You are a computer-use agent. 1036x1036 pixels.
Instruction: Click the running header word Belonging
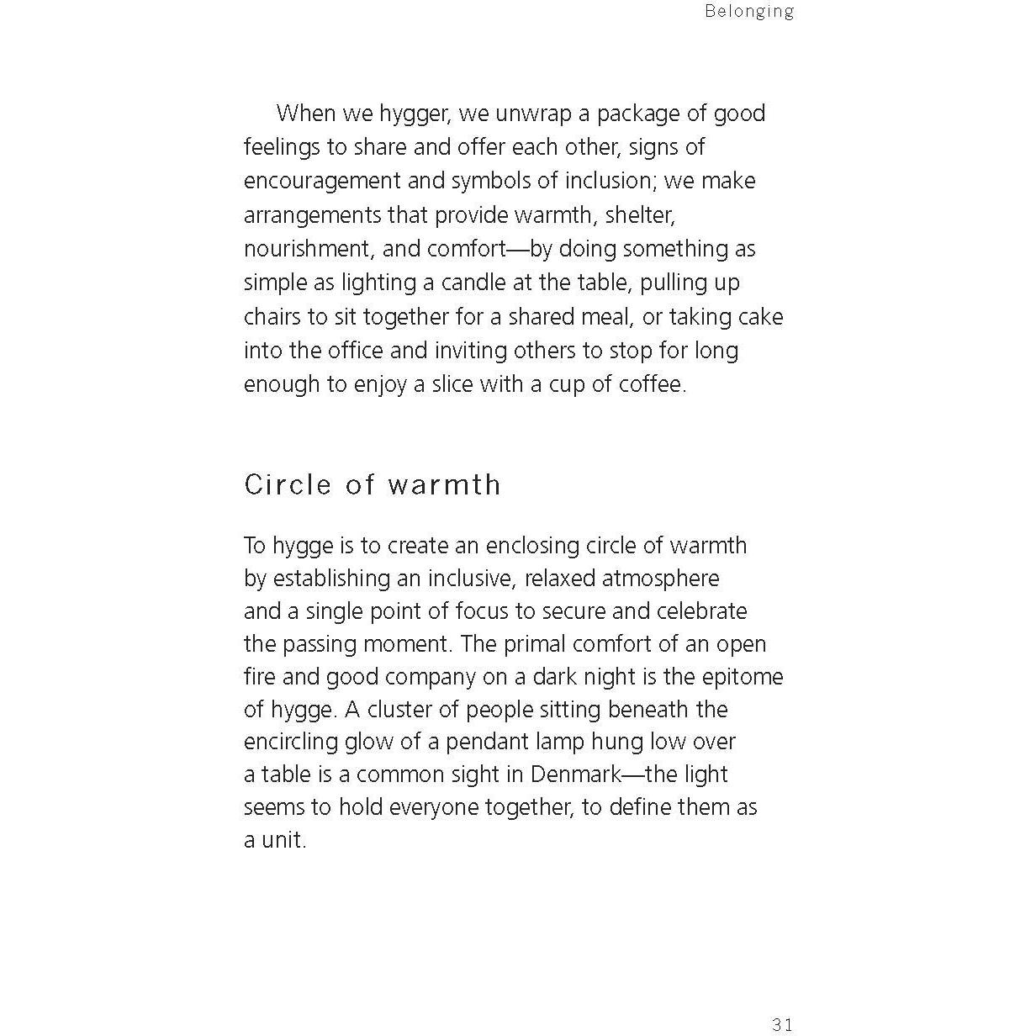tap(749, 11)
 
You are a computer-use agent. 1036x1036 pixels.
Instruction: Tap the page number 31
tap(782, 1023)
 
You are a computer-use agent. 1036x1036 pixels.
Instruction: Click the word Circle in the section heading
tap(288, 484)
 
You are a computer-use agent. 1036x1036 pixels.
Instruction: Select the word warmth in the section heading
tap(444, 484)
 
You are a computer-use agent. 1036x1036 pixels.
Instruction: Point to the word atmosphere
tap(660, 579)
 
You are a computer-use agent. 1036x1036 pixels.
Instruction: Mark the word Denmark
tap(575, 774)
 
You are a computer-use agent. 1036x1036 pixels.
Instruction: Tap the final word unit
tap(283, 840)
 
